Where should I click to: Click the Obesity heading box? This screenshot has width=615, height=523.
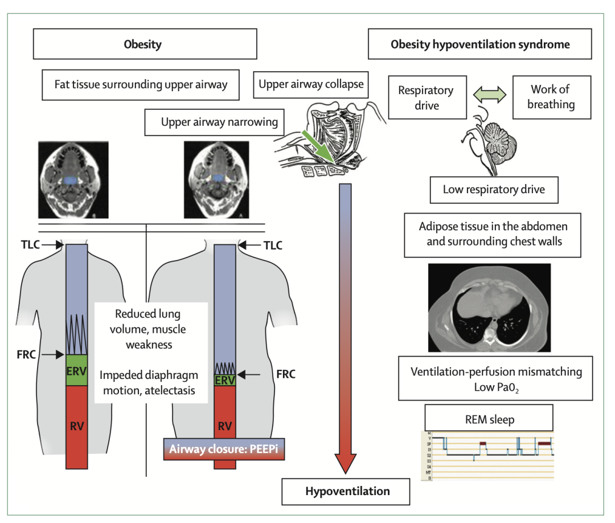(x=142, y=44)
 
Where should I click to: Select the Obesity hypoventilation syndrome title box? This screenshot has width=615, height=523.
(x=479, y=44)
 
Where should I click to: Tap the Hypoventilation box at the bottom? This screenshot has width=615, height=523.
(x=347, y=491)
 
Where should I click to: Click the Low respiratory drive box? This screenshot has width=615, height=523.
(x=493, y=189)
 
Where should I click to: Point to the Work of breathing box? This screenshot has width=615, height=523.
(x=550, y=97)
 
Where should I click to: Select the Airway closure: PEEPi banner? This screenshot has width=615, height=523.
(x=224, y=448)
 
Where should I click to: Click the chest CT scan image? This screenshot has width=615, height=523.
(x=489, y=307)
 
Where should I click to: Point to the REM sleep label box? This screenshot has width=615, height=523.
(x=489, y=419)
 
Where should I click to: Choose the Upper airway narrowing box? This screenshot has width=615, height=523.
(x=219, y=122)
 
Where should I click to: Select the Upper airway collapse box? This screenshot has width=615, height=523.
(x=311, y=84)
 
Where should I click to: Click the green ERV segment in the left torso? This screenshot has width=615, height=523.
(x=76, y=370)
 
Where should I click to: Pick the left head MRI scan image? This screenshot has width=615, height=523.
(x=73, y=181)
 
